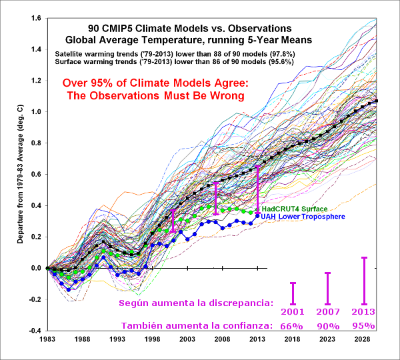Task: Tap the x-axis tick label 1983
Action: pyautogui.click(x=47, y=339)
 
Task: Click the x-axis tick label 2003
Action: pyautogui.click(x=188, y=339)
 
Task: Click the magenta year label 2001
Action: pyautogui.click(x=293, y=311)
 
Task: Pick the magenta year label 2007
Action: pyautogui.click(x=328, y=311)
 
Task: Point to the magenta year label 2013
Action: pyautogui.click(x=364, y=311)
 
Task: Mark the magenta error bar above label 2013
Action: pyautogui.click(x=364, y=281)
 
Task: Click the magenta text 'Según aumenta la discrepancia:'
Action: pyautogui.click(x=195, y=303)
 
